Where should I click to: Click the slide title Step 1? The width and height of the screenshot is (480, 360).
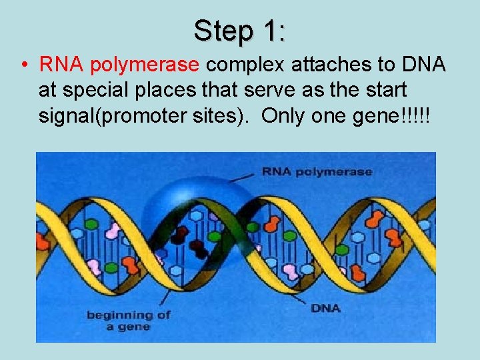(240, 31)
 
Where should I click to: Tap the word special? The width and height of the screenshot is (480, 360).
(109, 90)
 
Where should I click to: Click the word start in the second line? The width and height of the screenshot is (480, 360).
(387, 90)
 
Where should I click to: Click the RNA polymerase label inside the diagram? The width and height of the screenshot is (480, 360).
(317, 171)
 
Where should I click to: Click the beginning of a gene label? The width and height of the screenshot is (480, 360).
(128, 320)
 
